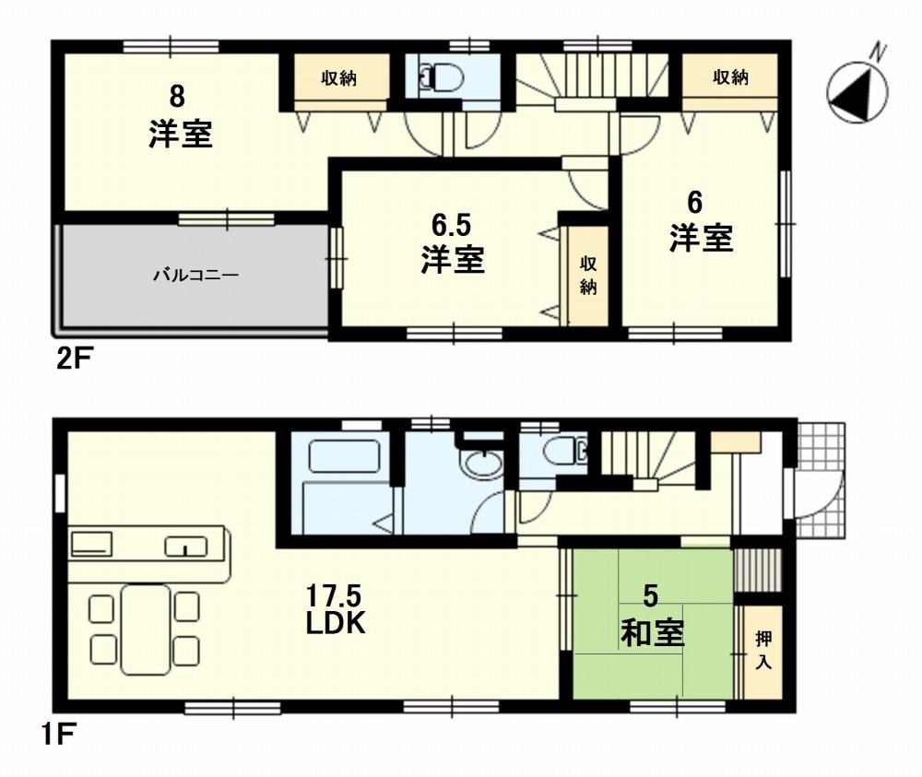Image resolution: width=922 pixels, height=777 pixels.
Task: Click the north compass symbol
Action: (857, 90)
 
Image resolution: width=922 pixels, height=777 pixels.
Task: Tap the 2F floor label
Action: (75, 359)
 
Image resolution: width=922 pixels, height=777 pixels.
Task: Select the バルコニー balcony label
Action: (195, 274)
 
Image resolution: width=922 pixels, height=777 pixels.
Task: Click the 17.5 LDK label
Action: (337, 609)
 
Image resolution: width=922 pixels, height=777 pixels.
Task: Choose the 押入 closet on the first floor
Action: (762, 650)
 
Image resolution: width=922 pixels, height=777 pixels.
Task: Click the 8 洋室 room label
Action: (180, 117)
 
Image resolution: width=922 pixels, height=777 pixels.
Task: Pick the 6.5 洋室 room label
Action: (452, 245)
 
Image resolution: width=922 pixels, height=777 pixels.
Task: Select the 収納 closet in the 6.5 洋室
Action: (588, 275)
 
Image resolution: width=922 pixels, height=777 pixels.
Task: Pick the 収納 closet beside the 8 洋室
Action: (338, 79)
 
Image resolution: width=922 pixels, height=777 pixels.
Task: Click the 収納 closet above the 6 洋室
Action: (729, 78)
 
